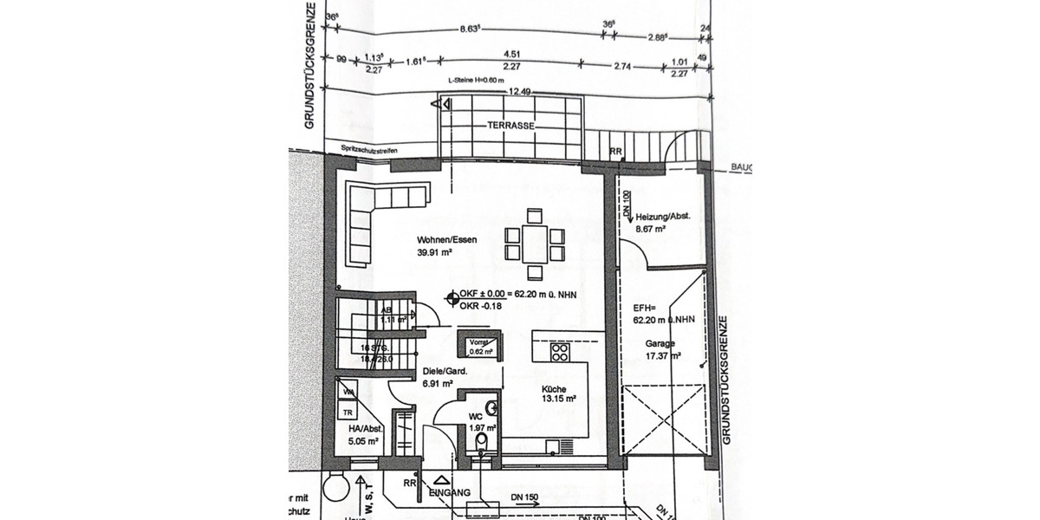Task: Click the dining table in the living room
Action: click(532, 244)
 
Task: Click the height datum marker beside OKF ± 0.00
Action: click(452, 300)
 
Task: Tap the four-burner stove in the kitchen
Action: click(560, 353)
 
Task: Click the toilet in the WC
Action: click(483, 442)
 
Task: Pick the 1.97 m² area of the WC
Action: click(482, 427)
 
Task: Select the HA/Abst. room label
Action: click(365, 427)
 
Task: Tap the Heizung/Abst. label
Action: click(662, 217)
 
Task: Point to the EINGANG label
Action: click(449, 492)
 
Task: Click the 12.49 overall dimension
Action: click(520, 92)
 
